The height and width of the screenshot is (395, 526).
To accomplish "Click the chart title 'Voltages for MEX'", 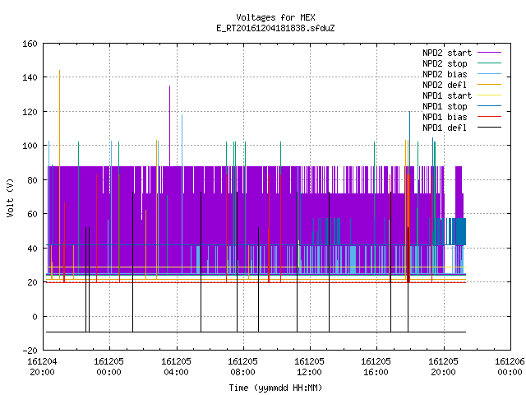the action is (275, 17).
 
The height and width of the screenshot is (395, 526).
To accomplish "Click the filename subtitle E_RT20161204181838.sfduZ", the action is (275, 28).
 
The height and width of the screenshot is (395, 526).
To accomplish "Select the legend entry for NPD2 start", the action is (462, 53).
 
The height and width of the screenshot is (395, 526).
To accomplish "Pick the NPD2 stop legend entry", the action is (462, 63).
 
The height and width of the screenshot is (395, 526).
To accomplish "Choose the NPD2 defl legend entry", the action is (462, 85).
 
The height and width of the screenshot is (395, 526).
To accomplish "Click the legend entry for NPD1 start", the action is (462, 95).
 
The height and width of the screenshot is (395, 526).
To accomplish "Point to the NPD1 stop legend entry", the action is (462, 106).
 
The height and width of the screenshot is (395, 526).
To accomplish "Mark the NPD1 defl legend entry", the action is (462, 128).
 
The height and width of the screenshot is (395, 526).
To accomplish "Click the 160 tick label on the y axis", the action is (30, 44).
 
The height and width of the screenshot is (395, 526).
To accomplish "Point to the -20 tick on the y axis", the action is (30, 351).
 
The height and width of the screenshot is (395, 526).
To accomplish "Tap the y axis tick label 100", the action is (30, 146).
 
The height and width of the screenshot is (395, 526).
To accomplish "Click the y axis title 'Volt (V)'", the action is (10, 197).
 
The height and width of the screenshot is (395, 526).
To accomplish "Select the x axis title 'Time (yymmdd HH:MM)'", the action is (275, 388).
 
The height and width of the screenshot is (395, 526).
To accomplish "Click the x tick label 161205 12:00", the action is (309, 367).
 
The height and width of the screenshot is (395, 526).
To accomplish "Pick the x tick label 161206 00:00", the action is (510, 367).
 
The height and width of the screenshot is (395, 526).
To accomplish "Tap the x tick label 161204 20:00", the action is (42, 367).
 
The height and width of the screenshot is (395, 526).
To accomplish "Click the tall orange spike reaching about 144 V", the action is (60, 174).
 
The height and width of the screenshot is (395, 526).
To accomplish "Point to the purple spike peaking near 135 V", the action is (170, 126).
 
